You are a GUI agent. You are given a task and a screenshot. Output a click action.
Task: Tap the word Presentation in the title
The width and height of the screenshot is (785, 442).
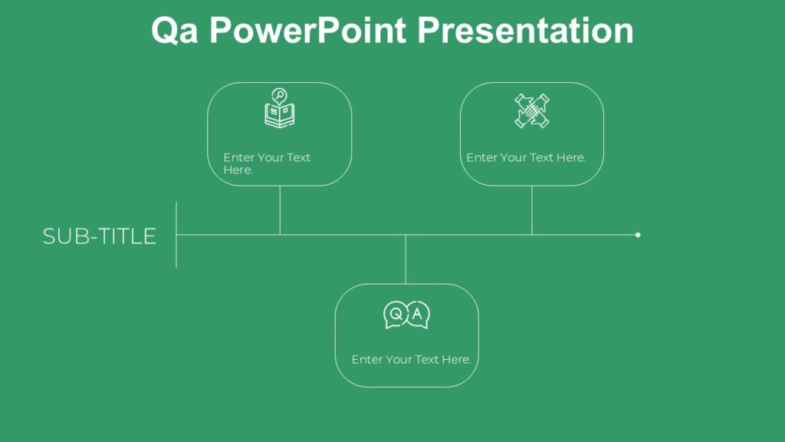point(526,31)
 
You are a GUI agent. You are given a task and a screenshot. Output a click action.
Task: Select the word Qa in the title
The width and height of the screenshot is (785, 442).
point(176,31)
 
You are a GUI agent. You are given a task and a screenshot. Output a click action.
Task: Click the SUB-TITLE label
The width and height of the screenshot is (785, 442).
point(100,236)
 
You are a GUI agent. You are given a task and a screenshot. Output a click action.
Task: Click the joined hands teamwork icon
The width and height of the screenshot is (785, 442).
point(532,110)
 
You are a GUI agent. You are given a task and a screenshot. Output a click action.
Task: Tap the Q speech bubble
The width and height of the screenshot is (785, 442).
point(396,315)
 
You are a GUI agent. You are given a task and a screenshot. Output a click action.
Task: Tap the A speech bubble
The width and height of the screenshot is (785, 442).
point(418,315)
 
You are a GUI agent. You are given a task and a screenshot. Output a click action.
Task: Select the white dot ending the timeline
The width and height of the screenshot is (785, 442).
point(638,235)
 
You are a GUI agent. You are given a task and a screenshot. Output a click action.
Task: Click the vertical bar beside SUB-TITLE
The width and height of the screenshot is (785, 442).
point(176,235)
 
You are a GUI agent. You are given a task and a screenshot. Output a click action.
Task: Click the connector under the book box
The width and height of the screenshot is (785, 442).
point(280,209)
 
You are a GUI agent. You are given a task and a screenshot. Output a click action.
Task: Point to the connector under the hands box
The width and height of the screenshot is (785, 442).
point(532,209)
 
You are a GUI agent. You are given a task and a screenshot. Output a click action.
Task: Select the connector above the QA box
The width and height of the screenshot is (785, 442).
point(406,259)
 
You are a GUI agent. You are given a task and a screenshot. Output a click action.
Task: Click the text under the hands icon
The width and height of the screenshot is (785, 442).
point(526,157)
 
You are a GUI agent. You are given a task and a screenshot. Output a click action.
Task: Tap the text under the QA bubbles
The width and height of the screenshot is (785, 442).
point(411,359)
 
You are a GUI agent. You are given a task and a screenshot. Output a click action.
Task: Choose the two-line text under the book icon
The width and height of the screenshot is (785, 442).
point(267,163)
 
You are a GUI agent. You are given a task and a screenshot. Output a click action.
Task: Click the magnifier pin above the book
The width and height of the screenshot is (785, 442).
point(280,96)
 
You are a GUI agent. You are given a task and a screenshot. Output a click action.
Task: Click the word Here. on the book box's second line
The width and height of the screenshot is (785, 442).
point(238,170)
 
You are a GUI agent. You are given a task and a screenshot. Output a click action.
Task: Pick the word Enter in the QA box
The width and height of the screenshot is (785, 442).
point(366,359)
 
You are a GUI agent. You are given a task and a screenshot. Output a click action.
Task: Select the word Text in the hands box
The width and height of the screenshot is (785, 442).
point(541,157)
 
